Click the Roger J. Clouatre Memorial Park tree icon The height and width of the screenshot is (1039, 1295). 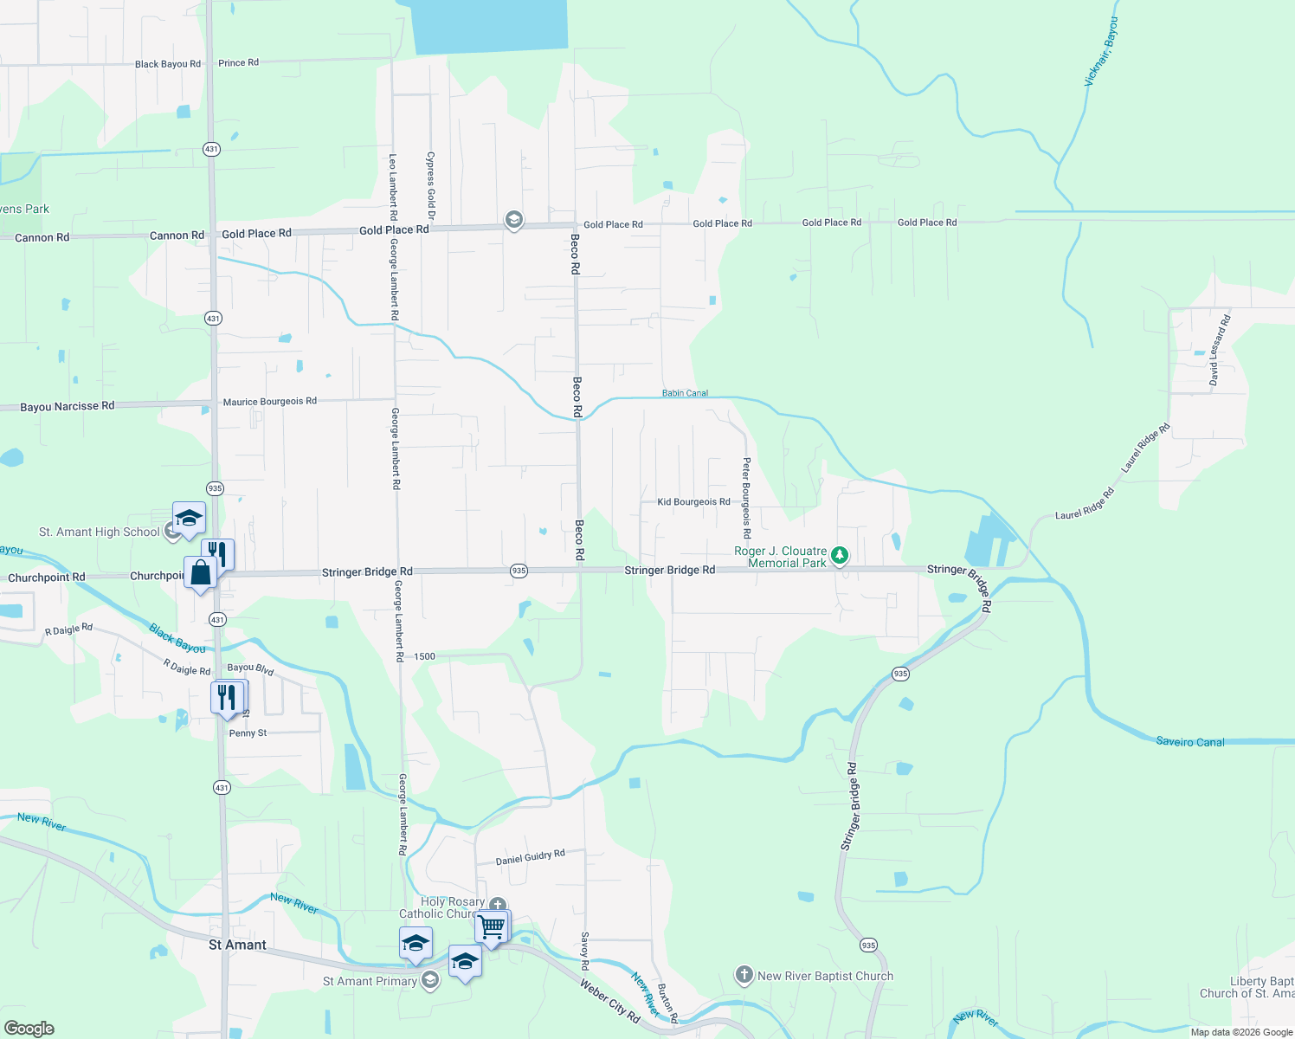tap(839, 556)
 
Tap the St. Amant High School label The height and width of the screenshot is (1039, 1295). tap(100, 532)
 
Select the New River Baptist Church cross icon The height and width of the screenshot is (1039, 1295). tap(744, 975)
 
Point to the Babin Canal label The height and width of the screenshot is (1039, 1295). tap(685, 393)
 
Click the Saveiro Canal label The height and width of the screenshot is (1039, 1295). tap(1190, 742)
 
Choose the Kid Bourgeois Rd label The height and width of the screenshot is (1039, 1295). tap(693, 502)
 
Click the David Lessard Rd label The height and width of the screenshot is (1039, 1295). tap(1219, 351)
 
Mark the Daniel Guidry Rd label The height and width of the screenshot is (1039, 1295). tap(530, 857)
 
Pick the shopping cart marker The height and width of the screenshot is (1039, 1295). tap(492, 927)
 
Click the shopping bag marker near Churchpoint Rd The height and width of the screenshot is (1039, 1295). tap(200, 573)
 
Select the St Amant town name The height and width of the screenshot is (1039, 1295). tap(237, 945)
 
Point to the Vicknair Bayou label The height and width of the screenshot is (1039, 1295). tap(1101, 51)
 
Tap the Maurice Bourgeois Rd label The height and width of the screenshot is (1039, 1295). tap(270, 402)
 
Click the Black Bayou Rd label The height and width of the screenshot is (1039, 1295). tap(168, 64)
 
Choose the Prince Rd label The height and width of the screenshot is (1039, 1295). tap(238, 63)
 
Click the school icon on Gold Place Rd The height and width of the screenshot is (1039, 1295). tap(513, 221)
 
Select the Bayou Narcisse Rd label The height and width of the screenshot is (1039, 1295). tap(67, 406)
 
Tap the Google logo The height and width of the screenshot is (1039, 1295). tap(29, 1029)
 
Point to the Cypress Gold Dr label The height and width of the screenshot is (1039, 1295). tap(430, 185)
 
